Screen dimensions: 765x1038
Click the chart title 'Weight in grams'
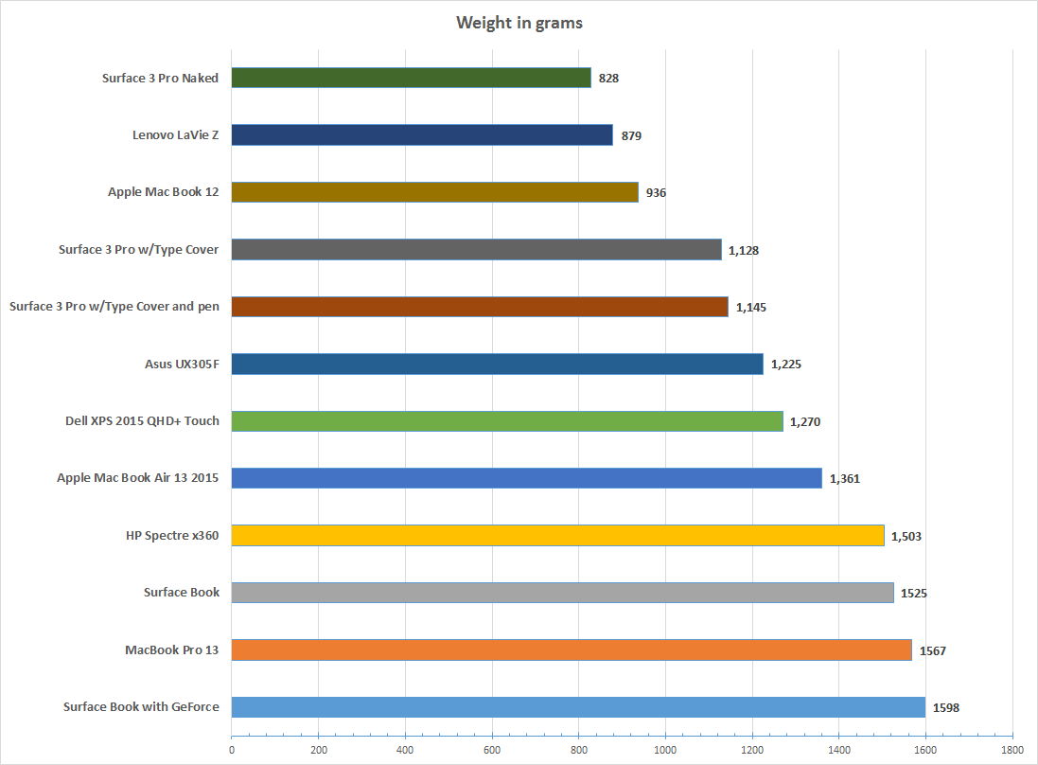[x=519, y=23]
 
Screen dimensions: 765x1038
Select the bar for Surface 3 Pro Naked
[x=411, y=78]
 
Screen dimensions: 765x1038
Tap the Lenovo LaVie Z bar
[x=422, y=135]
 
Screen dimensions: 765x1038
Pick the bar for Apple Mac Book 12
[x=434, y=192]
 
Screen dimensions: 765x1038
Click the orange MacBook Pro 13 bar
[x=572, y=649]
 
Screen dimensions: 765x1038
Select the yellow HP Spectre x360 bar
[x=557, y=536]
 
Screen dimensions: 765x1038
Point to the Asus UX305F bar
[x=497, y=364]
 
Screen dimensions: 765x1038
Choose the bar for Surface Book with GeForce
[x=578, y=706]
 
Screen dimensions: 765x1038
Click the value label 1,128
[x=743, y=250]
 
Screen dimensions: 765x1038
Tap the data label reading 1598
[x=946, y=707]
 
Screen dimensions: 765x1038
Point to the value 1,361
[x=844, y=478]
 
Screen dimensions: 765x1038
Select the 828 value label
[x=608, y=79]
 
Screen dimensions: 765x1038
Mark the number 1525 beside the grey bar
[x=914, y=593]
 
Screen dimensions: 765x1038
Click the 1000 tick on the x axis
[x=665, y=749]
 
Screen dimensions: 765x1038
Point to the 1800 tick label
[x=1012, y=749]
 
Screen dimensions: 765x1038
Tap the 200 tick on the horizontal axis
[x=318, y=749]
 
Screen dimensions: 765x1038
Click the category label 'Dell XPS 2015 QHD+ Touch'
[x=136, y=420]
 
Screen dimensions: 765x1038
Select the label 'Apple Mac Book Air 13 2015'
[x=138, y=478]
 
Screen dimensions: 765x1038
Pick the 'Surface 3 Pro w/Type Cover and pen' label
[x=114, y=307]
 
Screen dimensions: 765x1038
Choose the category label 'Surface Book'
[x=182, y=592]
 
